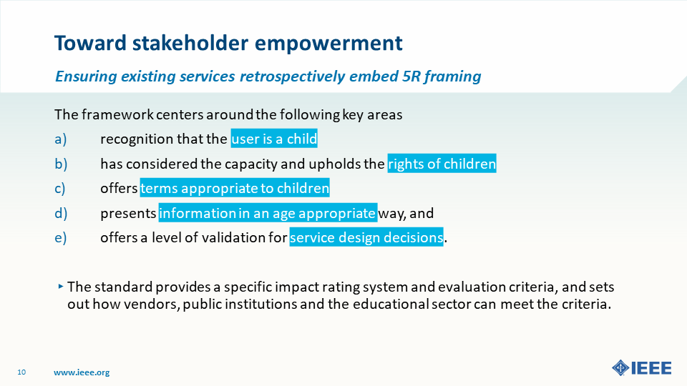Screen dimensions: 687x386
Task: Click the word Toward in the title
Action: tap(91, 43)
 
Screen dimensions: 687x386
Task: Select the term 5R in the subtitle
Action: tap(411, 76)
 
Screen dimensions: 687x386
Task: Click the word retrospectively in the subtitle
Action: tap(292, 76)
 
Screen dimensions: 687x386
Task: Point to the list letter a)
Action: tap(61, 139)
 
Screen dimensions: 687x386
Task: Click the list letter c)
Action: tap(60, 189)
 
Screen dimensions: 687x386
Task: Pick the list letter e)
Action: tap(61, 237)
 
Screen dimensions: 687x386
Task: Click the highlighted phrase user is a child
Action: tap(274, 139)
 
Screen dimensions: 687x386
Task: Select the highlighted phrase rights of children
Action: tap(442, 163)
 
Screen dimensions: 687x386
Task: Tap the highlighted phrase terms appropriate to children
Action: tap(235, 188)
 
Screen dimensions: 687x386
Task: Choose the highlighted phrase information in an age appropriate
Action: tap(268, 213)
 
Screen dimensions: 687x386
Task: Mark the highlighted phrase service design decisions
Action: tap(366, 237)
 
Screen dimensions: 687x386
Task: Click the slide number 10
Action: tap(21, 372)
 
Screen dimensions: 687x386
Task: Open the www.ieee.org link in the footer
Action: tap(82, 372)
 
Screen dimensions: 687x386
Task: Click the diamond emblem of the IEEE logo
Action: tap(620, 367)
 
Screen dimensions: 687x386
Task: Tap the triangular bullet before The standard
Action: tap(60, 287)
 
